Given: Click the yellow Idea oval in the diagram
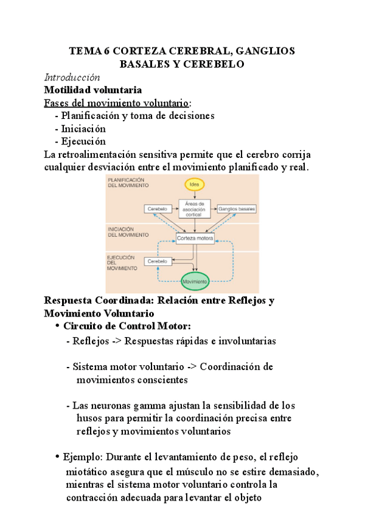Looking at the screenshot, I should pyautogui.click(x=195, y=184).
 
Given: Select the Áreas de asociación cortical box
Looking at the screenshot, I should pyautogui.click(x=195, y=209).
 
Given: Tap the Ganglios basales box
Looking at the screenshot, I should pyautogui.click(x=237, y=209).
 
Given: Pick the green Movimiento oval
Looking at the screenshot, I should pyautogui.click(x=195, y=281).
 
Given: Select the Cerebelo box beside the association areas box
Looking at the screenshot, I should pyautogui.click(x=156, y=209).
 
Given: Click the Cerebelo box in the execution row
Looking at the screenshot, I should pyautogui.click(x=157, y=261).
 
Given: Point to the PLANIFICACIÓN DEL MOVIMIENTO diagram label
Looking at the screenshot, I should pyautogui.click(x=126, y=183).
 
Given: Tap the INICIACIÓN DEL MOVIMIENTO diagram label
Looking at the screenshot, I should pyautogui.click(x=128, y=231).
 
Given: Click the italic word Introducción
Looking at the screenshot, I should pyautogui.click(x=72, y=77).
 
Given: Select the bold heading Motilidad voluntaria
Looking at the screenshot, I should pyautogui.click(x=93, y=90).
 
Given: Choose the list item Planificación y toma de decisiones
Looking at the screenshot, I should pyautogui.click(x=137, y=116).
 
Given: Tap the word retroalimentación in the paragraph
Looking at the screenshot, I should pyautogui.click(x=105, y=154).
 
